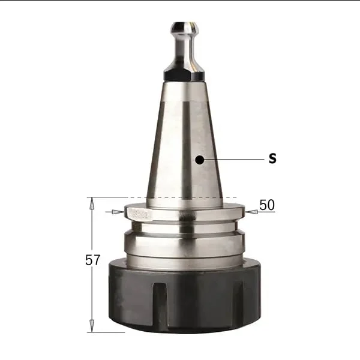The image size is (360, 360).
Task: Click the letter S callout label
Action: (272, 158)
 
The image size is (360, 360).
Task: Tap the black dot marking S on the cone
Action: (200, 160)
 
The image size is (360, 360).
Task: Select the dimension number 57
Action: (93, 260)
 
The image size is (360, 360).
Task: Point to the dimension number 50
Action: (267, 205)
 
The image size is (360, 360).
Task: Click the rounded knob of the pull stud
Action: (184, 28)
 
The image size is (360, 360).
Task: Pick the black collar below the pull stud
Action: (184, 76)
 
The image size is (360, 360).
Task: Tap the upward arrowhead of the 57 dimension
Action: (92, 203)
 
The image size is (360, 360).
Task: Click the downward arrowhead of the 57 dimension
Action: (92, 326)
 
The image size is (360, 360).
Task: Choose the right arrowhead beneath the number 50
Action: (251, 212)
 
